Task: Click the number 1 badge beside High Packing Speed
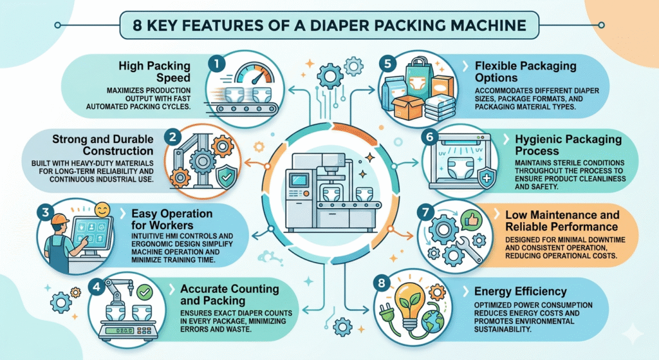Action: [x=216, y=63]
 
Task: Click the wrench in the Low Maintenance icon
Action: [x=464, y=248]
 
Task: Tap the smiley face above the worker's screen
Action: [x=101, y=211]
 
